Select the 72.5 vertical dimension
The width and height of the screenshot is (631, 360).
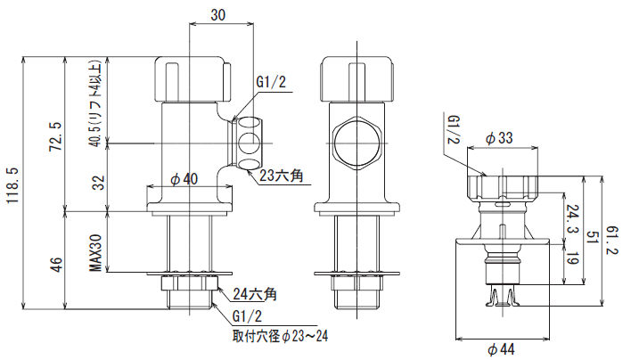[54, 135]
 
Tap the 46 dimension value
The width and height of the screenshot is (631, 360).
[54, 264]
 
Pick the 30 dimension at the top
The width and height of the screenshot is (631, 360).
[218, 14]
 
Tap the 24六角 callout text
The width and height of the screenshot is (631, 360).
[254, 293]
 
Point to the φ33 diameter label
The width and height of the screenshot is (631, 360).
[501, 138]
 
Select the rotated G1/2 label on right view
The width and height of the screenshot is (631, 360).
[454, 130]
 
